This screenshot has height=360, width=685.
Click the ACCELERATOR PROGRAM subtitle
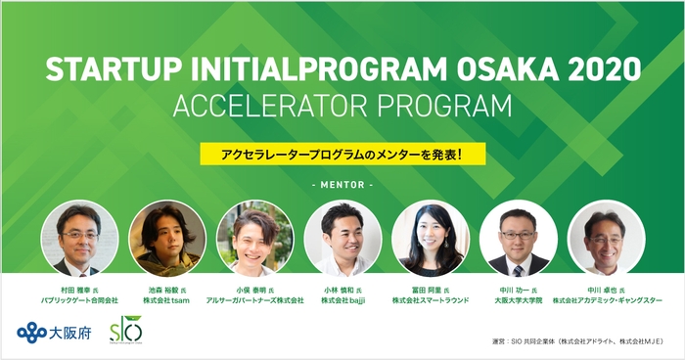tap(342, 106)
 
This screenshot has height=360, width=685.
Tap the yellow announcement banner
tap(342, 155)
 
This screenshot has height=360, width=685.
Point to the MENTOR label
tap(342, 185)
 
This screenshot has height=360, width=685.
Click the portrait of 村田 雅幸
tap(79, 239)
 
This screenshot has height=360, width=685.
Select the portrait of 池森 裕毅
tap(166, 239)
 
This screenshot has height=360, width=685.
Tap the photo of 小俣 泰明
tap(254, 239)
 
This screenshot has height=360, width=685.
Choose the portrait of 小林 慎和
tap(342, 239)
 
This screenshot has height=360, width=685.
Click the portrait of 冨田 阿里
tap(431, 239)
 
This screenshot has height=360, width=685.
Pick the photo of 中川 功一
tap(518, 239)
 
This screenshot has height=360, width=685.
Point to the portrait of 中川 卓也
tap(606, 239)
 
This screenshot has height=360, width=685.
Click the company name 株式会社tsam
tap(167, 300)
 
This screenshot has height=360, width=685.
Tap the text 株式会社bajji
tap(342, 300)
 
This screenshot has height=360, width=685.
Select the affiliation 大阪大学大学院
tap(518, 300)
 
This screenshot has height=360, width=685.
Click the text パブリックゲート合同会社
tap(80, 300)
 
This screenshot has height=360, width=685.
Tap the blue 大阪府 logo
tap(52, 331)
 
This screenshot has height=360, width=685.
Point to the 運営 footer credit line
tap(577, 342)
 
